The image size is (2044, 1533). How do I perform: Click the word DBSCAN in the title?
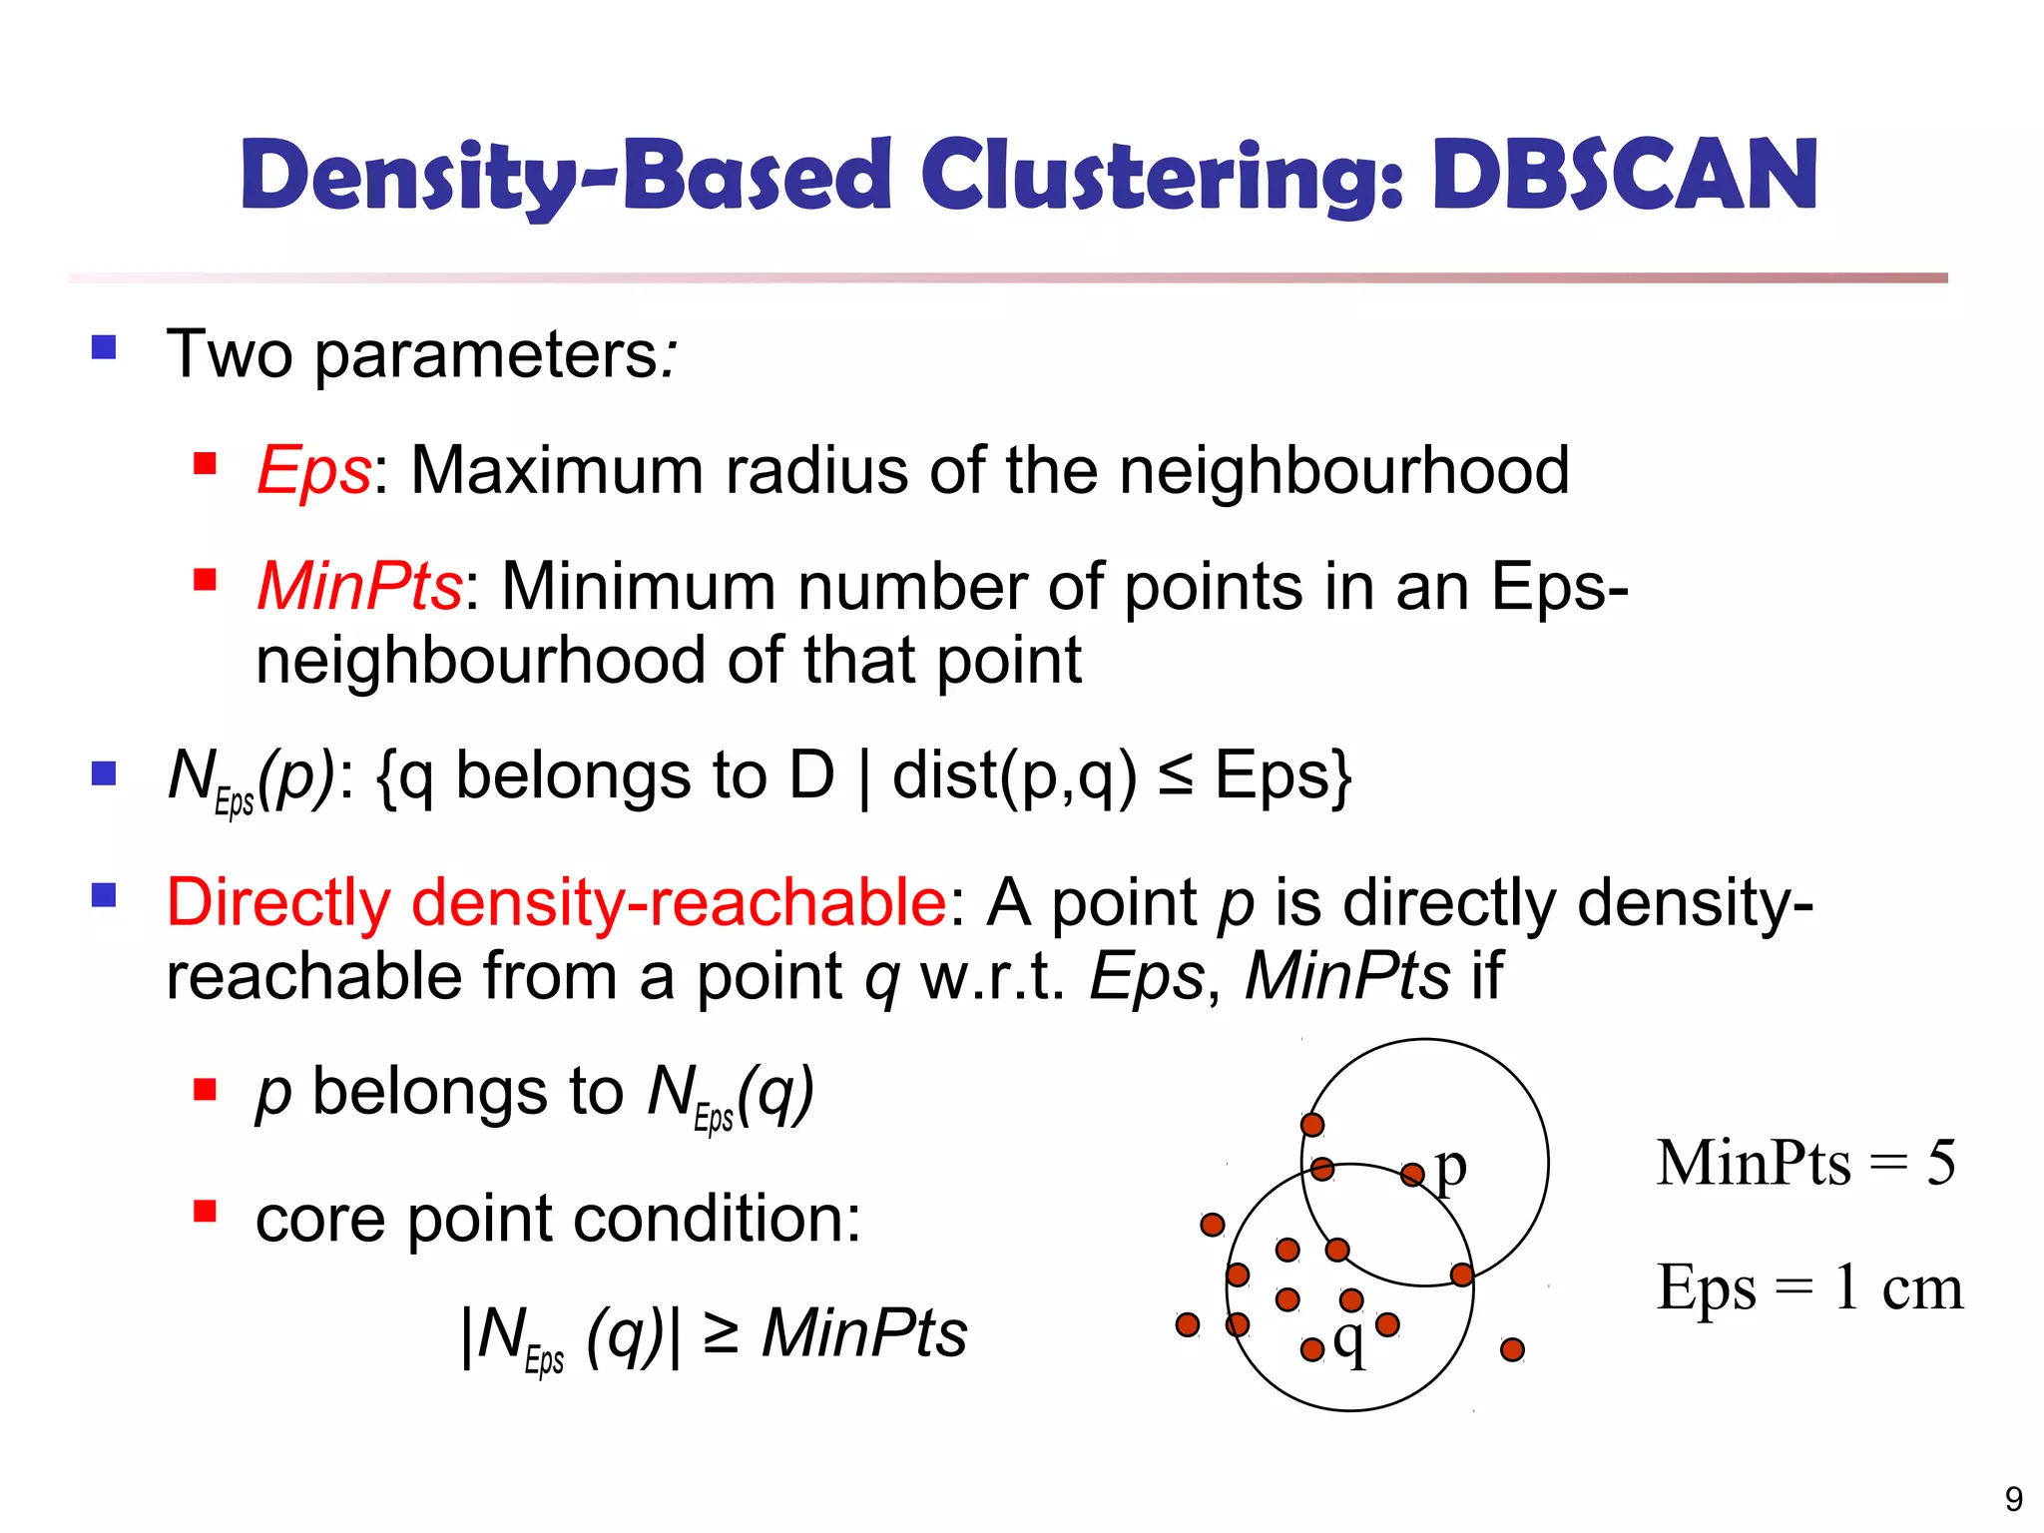tap(1625, 176)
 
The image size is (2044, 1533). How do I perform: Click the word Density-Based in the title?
tap(565, 178)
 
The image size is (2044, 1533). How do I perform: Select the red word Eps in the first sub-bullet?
tap(313, 470)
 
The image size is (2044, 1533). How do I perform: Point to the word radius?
tap(816, 470)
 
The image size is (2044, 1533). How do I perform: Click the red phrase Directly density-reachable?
tap(556, 903)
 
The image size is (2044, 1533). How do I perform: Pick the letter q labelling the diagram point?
tap(1349, 1342)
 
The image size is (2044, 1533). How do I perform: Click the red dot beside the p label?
tap(1412, 1175)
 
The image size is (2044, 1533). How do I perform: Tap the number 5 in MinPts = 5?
tap(1940, 1163)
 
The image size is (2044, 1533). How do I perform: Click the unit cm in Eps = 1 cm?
tap(1922, 1287)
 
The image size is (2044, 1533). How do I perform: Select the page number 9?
tap(2014, 1499)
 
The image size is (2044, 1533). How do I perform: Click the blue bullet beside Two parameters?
tap(104, 348)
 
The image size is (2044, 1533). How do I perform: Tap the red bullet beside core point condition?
tap(206, 1212)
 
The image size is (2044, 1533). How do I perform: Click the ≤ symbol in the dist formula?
tap(1176, 777)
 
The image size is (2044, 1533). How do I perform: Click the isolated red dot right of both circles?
tap(1512, 1350)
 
